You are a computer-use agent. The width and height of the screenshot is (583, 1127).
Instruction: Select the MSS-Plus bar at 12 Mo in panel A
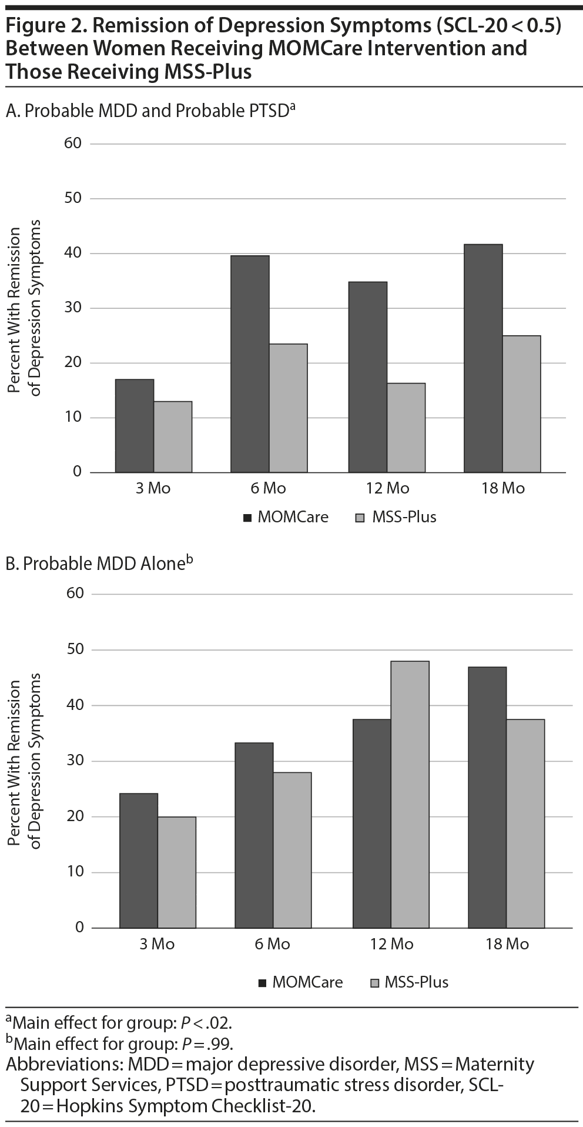click(406, 428)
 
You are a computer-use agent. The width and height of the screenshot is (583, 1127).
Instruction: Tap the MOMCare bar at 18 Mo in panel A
click(483, 358)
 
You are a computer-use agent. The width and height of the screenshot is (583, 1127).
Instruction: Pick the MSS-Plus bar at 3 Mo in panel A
click(173, 436)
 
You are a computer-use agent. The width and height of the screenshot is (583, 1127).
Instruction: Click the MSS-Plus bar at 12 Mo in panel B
click(410, 794)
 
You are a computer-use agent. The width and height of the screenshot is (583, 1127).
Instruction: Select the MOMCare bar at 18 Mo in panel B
click(487, 797)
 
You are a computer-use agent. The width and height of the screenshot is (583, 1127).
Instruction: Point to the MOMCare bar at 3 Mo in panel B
click(139, 860)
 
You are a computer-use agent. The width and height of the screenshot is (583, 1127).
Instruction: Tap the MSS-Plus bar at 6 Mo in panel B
click(292, 849)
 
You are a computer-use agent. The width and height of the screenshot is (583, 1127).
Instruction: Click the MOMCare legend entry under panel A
click(286, 518)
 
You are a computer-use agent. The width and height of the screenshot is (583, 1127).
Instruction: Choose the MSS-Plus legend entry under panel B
click(409, 982)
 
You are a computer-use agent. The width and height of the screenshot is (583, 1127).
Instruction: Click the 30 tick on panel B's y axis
click(77, 761)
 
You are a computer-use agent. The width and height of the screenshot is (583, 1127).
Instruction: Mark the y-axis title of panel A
click(26, 308)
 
